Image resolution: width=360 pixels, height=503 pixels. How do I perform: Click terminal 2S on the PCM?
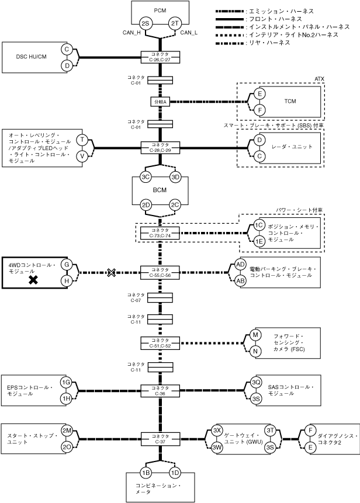[x=146, y=23]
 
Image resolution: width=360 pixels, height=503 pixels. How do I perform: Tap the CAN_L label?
[x=189, y=33]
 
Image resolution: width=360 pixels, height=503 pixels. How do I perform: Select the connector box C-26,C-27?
[x=160, y=57]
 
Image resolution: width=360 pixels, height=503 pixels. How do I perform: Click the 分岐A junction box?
[x=160, y=102]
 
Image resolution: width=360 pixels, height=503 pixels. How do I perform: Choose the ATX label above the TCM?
[x=319, y=78]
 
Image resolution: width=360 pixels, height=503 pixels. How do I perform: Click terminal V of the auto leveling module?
[x=83, y=156]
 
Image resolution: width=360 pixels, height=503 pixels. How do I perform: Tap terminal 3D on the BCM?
[x=175, y=178]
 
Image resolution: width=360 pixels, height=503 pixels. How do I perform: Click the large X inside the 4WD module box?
[x=34, y=280]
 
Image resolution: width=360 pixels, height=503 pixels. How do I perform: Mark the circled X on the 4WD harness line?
[x=112, y=272]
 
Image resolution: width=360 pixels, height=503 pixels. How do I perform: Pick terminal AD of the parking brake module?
[x=240, y=265]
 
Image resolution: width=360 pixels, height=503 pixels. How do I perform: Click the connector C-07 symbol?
[x=160, y=297]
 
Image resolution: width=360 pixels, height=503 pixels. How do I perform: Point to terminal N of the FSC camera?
[x=255, y=351]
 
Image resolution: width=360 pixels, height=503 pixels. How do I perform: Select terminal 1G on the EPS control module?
[x=67, y=383]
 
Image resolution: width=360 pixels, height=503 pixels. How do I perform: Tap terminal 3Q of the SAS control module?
[x=256, y=383]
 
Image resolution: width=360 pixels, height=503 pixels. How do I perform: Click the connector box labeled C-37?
[x=160, y=438]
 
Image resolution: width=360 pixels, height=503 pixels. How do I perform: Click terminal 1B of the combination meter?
[x=146, y=473]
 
